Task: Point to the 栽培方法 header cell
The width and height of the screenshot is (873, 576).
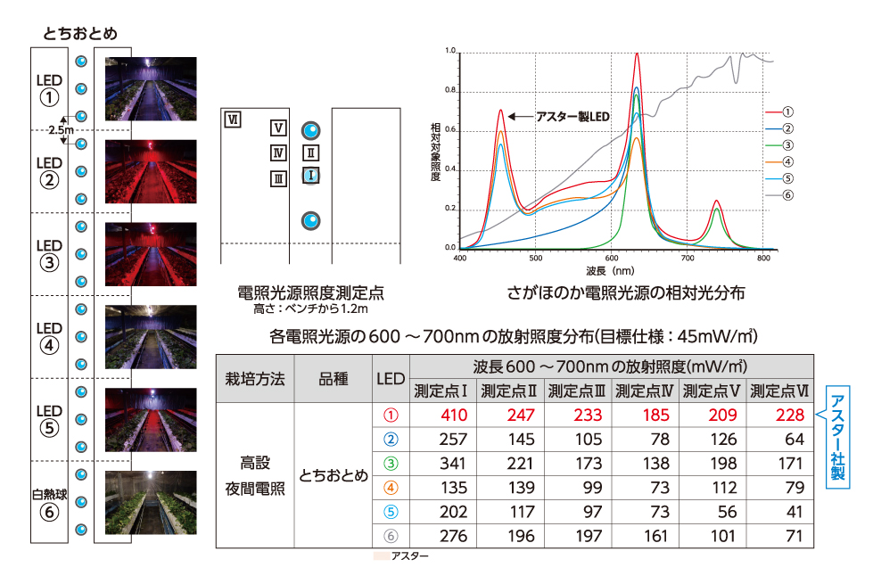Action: point(255,378)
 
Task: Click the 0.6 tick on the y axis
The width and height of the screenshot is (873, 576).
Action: point(450,130)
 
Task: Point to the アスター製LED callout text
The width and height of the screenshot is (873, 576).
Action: point(572,116)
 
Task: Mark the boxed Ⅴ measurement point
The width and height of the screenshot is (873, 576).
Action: point(278,128)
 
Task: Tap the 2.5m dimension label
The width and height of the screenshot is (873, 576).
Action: point(61,130)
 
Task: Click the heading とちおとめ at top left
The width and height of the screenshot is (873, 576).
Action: point(79,33)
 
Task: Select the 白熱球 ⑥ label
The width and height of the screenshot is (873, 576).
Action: point(50,502)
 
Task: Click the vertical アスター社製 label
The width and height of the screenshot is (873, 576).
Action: point(837,437)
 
